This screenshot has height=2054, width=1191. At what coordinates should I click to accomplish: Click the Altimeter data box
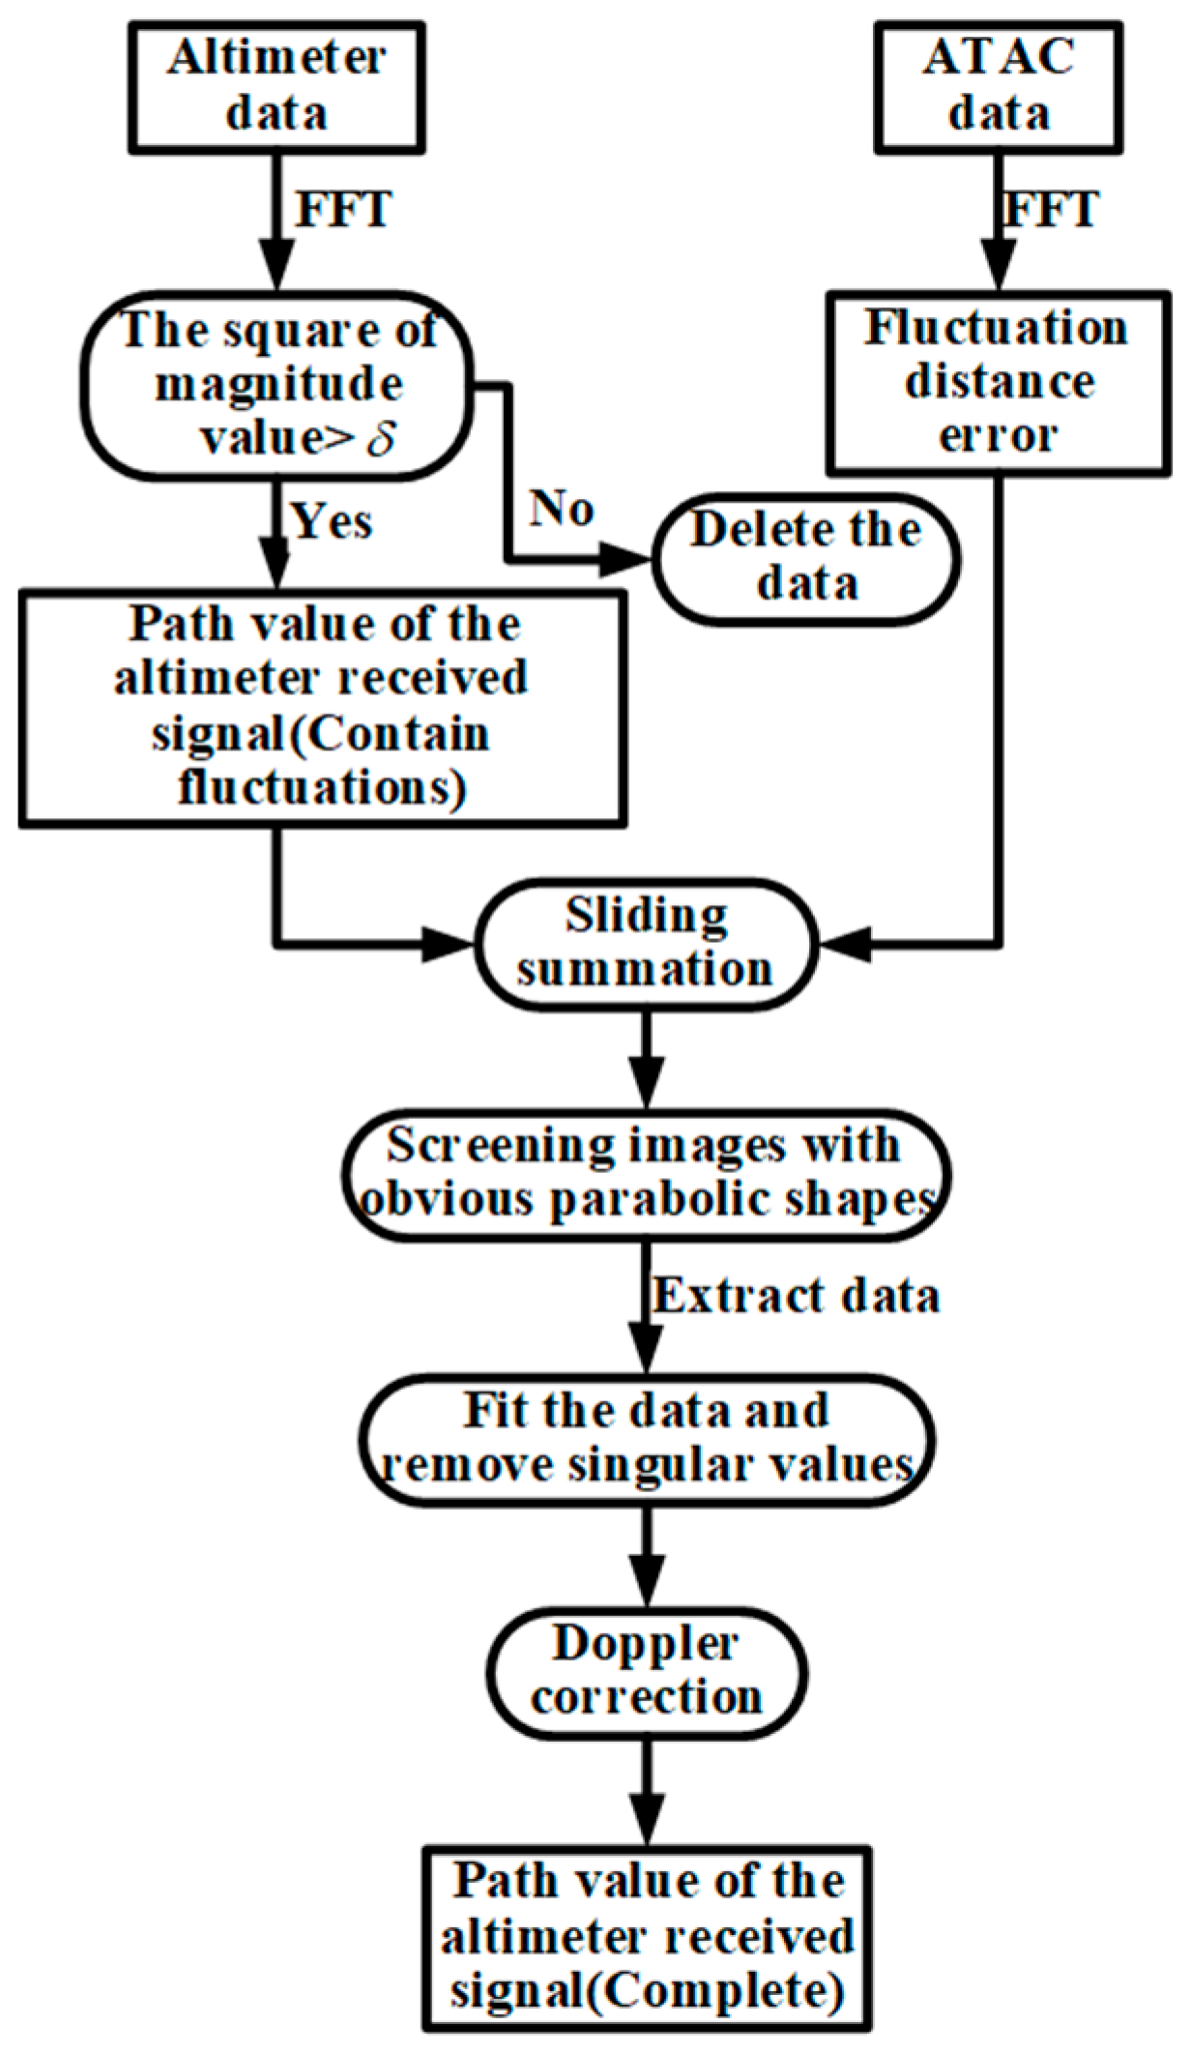[277, 87]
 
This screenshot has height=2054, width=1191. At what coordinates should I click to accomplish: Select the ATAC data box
[999, 87]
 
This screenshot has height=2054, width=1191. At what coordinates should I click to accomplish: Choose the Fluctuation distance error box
[998, 383]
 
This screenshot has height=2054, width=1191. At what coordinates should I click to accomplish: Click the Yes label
[333, 522]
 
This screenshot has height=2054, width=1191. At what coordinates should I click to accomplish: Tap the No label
[562, 509]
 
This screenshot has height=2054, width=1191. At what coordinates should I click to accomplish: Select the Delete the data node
[806, 558]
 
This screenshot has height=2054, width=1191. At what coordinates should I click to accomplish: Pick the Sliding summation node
[645, 944]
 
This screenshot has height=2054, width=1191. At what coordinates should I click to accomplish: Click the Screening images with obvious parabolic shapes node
[645, 1175]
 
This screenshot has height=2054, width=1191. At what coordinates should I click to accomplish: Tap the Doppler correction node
[645, 1673]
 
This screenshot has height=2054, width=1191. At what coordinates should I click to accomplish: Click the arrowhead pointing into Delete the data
[628, 559]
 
